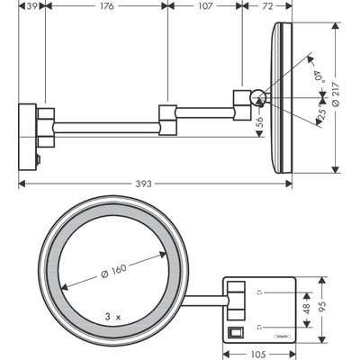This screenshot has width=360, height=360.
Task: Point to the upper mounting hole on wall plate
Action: point(261,292)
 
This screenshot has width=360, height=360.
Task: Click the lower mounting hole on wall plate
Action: point(261,327)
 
